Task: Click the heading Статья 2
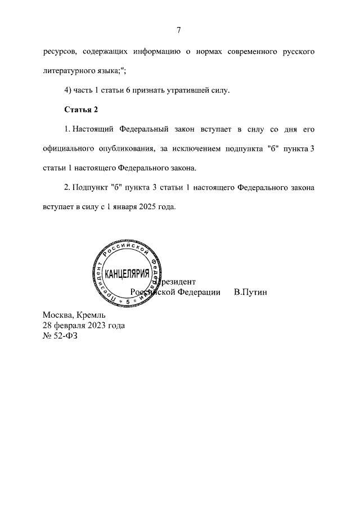(81, 109)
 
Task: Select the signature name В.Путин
(250, 292)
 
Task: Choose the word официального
(67, 148)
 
